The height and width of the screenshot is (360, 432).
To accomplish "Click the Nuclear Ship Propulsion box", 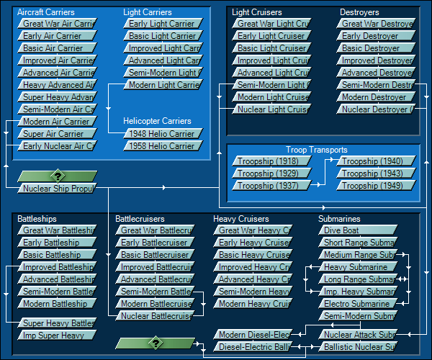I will click(x=58, y=189).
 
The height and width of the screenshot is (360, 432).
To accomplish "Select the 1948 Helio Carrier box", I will click(x=161, y=134).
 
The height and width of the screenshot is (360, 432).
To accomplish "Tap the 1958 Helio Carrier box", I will click(x=161, y=146).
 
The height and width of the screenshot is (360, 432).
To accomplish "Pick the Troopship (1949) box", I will click(x=375, y=186).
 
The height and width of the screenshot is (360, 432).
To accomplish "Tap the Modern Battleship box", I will click(x=56, y=304).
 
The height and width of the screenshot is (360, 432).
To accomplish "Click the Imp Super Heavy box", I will click(x=56, y=336).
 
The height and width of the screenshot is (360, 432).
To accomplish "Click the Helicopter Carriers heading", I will click(x=158, y=121).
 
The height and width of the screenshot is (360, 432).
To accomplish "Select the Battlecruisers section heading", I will click(x=140, y=219).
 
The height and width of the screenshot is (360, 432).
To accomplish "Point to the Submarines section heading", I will click(x=339, y=219).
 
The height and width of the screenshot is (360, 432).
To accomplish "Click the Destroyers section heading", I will click(x=359, y=12).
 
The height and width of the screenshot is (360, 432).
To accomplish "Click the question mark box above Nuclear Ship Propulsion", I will click(x=57, y=176).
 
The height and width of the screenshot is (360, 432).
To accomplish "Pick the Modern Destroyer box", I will click(x=375, y=97).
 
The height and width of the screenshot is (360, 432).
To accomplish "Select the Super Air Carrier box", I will click(x=56, y=134).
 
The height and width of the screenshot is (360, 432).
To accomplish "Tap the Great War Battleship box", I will click(x=56, y=230).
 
